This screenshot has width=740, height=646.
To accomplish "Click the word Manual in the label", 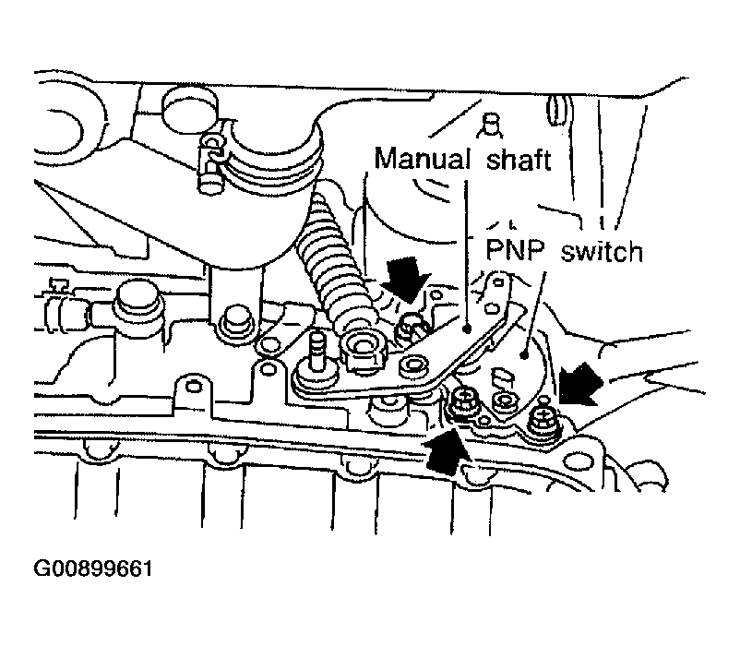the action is point(423,158).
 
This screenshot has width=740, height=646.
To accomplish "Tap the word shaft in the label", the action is point(519,158).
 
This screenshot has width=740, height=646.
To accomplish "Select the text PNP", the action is point(515,249).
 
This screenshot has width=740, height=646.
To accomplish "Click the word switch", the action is point(603,250).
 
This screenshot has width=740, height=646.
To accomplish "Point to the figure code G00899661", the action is point(93,568).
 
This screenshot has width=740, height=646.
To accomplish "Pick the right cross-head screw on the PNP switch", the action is point(543,418).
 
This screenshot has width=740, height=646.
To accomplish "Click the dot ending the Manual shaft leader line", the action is point(466,329).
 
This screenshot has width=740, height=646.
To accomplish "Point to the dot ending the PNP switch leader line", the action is point(523,354).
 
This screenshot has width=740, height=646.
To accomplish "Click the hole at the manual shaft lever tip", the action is point(499,282).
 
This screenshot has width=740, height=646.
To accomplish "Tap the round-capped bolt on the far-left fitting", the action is point(136,301).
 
